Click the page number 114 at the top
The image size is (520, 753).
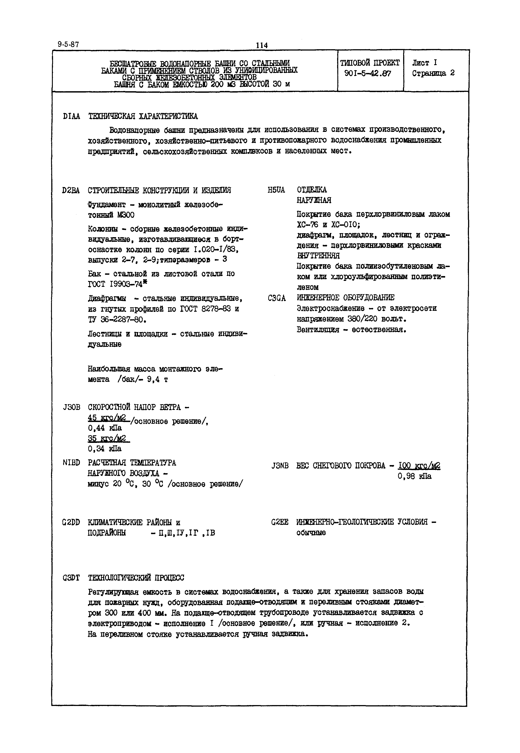tap(262, 45)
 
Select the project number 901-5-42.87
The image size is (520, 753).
tap(367, 74)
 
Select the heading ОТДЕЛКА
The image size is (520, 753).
tap(312, 190)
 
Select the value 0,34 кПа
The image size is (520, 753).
tap(105, 449)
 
